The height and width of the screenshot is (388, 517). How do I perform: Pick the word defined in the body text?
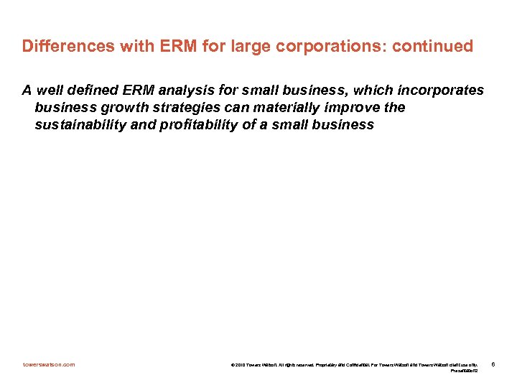[x=89, y=91]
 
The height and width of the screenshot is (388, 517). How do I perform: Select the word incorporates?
[x=439, y=91]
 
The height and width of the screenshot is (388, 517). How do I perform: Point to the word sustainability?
[x=78, y=125]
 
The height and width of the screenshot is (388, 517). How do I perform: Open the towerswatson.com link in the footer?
[x=48, y=365]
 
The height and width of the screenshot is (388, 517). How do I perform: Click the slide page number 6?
[x=493, y=365]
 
